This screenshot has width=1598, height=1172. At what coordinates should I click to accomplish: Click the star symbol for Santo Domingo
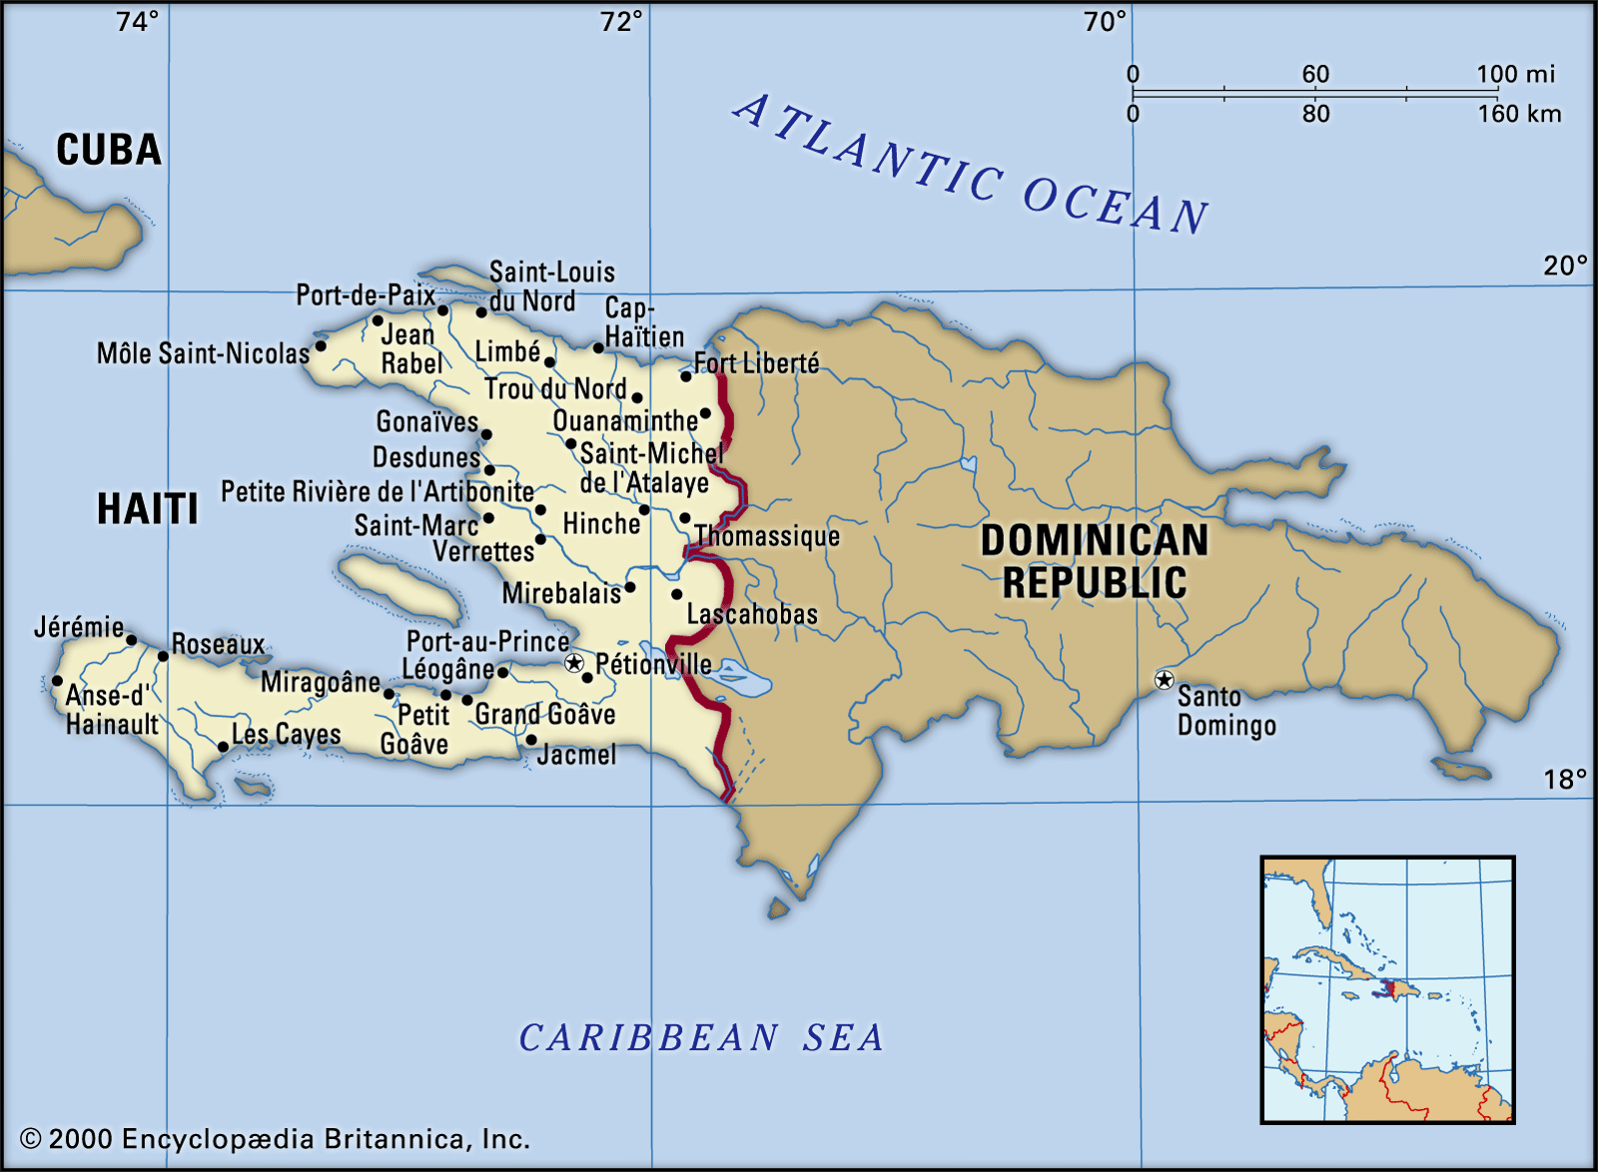tap(1164, 680)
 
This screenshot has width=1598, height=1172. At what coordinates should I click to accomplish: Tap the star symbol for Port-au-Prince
tap(573, 663)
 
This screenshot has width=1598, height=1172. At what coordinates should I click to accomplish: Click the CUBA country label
tap(108, 150)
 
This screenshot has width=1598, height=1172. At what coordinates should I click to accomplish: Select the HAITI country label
tap(147, 509)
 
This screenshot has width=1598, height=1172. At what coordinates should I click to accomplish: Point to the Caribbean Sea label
tap(701, 1038)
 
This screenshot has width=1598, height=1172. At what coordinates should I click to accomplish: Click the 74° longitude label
tap(137, 21)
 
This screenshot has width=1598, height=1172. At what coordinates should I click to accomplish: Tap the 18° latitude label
tap(1564, 779)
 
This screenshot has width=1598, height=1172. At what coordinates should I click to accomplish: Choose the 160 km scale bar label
tap(1519, 114)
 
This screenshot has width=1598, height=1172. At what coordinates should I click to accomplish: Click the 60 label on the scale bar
tap(1315, 74)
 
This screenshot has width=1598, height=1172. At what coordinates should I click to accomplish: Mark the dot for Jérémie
tap(131, 640)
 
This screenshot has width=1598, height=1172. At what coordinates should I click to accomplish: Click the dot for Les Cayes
tap(223, 747)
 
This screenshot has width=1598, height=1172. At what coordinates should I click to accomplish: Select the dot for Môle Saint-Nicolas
tap(321, 346)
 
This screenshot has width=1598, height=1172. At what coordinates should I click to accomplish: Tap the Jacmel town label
tap(576, 755)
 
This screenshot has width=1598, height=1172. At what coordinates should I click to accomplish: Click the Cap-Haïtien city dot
tap(598, 347)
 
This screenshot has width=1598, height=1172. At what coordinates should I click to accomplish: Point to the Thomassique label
tap(767, 536)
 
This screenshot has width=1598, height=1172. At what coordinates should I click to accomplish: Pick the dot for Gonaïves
tap(486, 434)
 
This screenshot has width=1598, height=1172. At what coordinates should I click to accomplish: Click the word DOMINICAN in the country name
tap(1094, 540)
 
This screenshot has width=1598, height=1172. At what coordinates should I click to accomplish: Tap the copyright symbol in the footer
tap(31, 1139)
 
